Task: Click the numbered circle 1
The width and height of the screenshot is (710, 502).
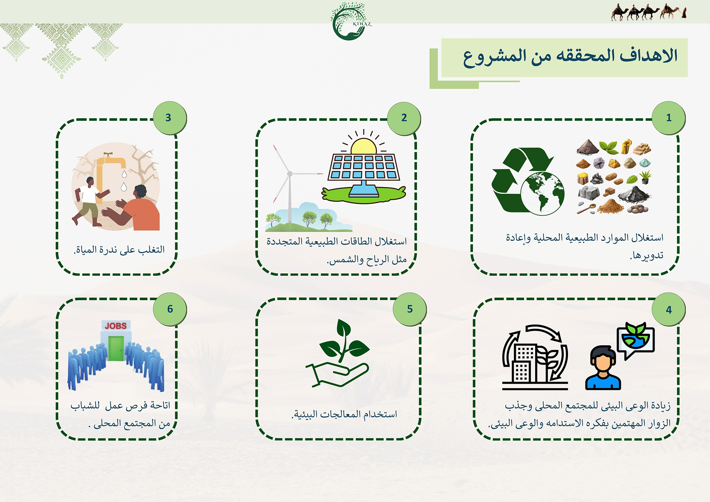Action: coord(669,118)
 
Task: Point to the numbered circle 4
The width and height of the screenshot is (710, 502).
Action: coord(669,310)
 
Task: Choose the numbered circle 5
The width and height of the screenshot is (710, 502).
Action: coord(410,309)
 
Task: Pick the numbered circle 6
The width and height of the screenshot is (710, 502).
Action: coord(170,309)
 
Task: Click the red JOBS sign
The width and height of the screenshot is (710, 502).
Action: coord(116,326)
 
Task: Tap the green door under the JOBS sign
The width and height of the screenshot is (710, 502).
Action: coord(116,348)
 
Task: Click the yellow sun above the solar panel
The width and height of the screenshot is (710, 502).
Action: coord(364,147)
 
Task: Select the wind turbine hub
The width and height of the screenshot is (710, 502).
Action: coord(290,173)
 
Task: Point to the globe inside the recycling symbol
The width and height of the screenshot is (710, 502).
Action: coord(542,193)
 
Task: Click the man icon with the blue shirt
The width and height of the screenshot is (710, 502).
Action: coord(603,368)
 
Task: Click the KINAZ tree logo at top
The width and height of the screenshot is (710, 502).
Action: coord(349,21)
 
